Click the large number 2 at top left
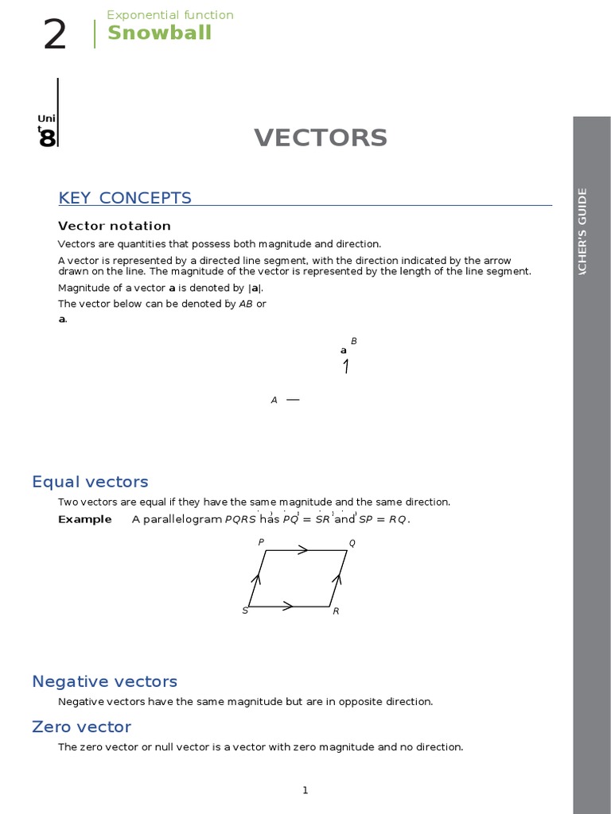click(x=55, y=36)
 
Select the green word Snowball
click(x=159, y=33)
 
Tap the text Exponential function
click(x=170, y=15)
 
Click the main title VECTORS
click(x=321, y=138)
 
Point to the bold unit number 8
click(x=47, y=139)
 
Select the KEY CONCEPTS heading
click(x=125, y=198)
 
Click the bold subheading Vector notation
click(x=115, y=226)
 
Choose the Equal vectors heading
click(x=90, y=482)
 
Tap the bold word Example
click(x=85, y=520)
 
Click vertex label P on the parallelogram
click(x=261, y=542)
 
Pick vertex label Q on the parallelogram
click(x=352, y=543)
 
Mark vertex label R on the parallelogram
click(x=336, y=611)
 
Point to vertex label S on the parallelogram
click(x=245, y=610)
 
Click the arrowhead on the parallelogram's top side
click(x=303, y=549)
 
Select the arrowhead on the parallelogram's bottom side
click(x=288, y=607)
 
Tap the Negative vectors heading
click(x=104, y=681)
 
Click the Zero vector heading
click(x=81, y=727)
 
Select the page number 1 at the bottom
click(x=305, y=790)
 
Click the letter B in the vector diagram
click(x=354, y=341)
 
